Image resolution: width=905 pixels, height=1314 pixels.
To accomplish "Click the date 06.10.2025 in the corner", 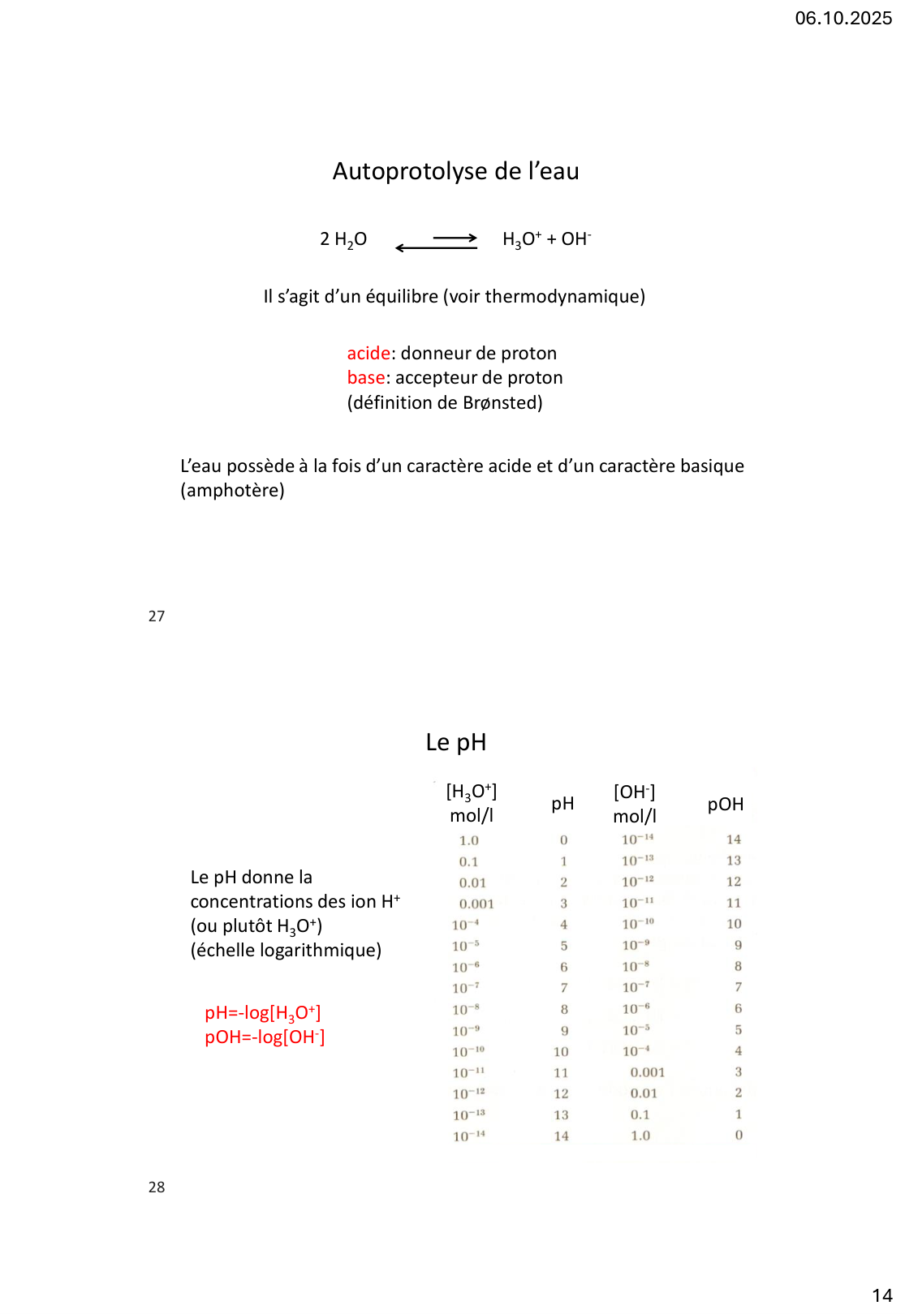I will (843, 18).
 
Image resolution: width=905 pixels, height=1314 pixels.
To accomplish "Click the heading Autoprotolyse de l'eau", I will (455, 171).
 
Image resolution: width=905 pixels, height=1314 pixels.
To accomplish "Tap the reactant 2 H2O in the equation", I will (343, 239).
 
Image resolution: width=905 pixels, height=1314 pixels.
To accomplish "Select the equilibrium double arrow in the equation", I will (436, 243).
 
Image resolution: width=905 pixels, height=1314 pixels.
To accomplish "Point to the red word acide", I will (368, 353).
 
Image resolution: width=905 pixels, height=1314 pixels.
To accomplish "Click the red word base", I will (365, 378).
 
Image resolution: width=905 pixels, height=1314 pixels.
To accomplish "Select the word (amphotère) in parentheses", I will (232, 491).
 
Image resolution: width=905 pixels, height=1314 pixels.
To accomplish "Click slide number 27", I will (157, 616).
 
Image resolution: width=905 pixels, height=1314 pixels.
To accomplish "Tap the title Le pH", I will (455, 742).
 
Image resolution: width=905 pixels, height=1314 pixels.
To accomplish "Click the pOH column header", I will (725, 804).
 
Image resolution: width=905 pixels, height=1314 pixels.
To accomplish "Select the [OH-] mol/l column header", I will (635, 803).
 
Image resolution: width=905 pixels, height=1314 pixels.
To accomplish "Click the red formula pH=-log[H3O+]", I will (263, 1013).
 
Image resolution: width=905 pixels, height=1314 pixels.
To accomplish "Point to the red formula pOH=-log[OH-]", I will (265, 1037).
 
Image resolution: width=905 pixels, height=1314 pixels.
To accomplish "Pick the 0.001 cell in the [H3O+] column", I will (476, 904).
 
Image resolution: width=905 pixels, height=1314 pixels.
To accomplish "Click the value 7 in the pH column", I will (564, 988).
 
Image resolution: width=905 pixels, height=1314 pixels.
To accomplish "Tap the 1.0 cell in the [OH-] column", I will (640, 1136).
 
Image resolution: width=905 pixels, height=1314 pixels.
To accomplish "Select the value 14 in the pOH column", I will (734, 839).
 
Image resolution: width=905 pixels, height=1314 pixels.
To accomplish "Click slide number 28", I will (157, 1187).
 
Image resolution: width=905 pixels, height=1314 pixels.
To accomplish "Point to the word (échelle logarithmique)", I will (286, 951).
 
